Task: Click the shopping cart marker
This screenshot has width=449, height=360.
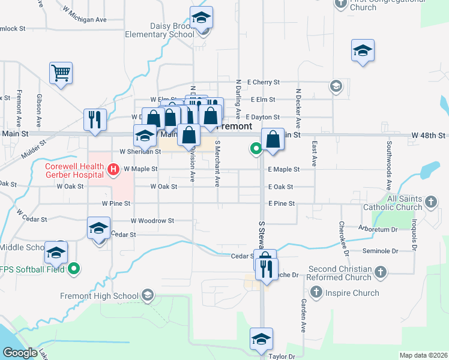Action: pos(61,74)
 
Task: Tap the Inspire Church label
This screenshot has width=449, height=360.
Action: pos(352,293)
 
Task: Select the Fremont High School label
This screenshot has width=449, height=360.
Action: pos(99,296)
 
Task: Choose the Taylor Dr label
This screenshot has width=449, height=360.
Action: pos(282,356)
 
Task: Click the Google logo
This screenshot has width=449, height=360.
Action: pos(19,353)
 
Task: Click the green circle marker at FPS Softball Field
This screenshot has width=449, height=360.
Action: pos(74,268)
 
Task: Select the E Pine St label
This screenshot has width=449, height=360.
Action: pos(282,203)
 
